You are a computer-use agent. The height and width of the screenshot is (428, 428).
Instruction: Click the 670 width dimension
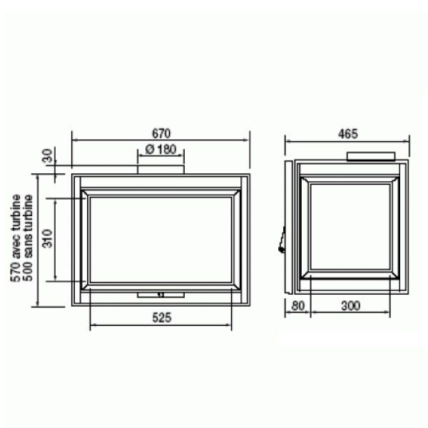[161, 133]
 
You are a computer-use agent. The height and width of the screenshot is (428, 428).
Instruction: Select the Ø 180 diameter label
[161, 149]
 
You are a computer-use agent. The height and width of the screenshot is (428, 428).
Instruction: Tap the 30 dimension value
[48, 156]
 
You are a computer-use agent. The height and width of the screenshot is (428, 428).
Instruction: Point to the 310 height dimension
[48, 238]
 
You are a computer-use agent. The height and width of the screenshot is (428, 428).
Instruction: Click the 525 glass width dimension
[162, 317]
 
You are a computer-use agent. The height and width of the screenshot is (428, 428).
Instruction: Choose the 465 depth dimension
[347, 134]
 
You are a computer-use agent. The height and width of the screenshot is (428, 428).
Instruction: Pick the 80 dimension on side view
[297, 306]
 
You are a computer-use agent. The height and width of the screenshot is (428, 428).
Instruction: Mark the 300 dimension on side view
[351, 306]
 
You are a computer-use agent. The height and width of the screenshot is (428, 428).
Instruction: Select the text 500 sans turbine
[28, 238]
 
